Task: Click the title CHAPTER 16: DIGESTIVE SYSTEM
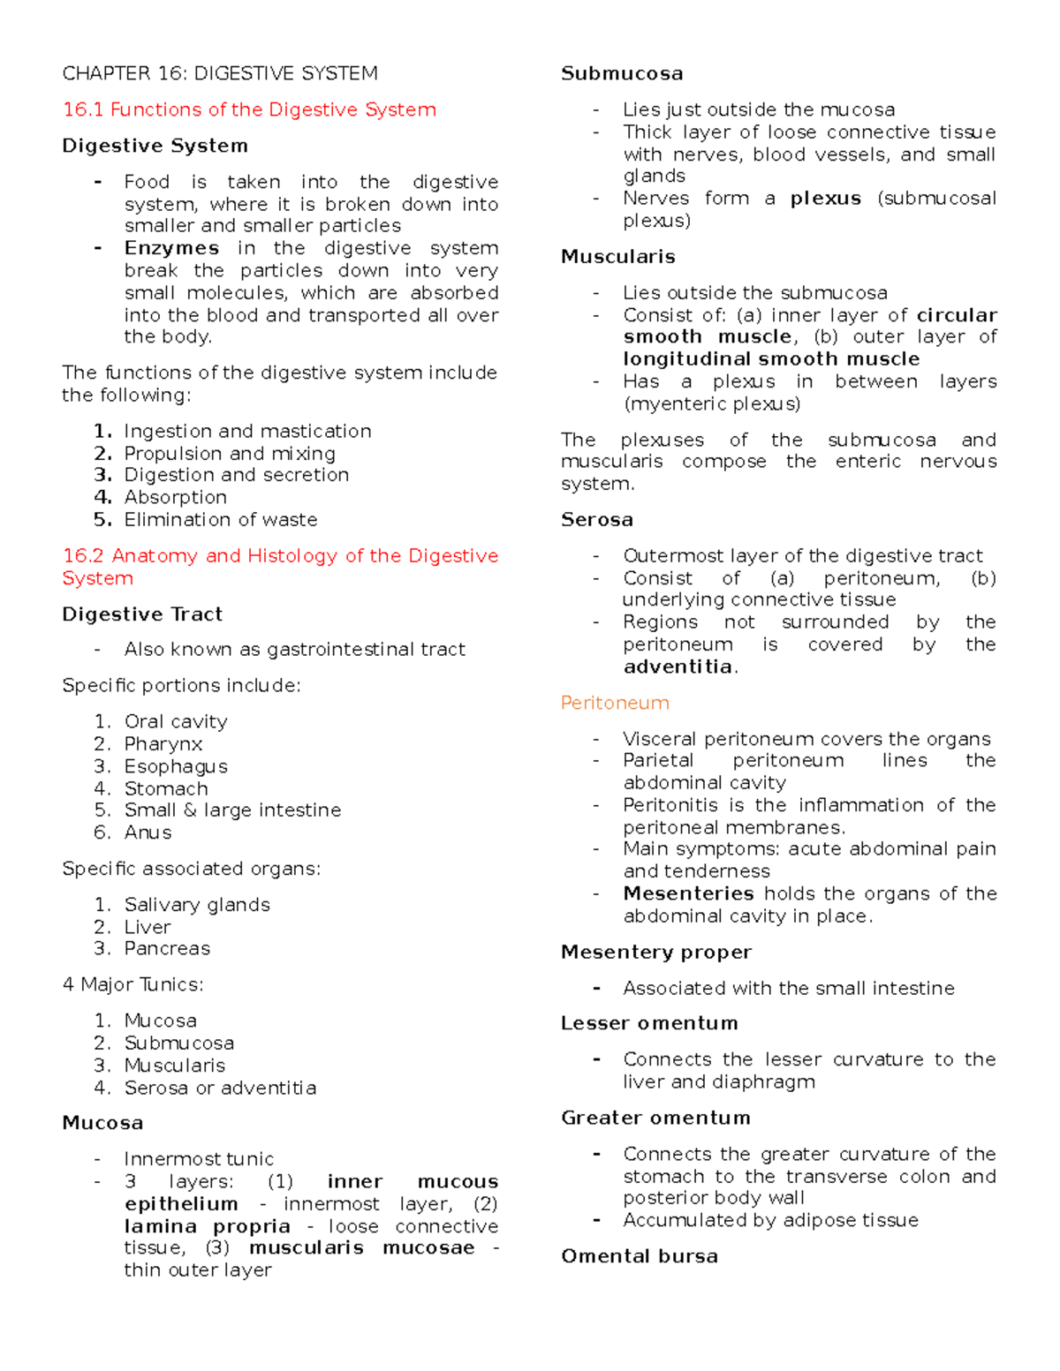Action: point(220,73)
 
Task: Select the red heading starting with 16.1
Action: point(249,109)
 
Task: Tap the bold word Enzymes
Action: point(171,248)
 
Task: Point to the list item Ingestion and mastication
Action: point(247,431)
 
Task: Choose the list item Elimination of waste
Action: point(221,519)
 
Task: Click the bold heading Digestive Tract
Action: point(142,614)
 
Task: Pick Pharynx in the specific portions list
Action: point(163,744)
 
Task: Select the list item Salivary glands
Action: point(197,904)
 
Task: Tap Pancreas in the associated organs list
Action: point(167,948)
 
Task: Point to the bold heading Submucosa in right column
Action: point(622,73)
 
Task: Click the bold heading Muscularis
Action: point(618,257)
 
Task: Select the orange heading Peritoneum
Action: point(615,703)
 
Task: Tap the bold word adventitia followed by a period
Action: point(678,667)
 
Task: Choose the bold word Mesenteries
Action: point(688,893)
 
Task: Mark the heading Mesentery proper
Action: point(656,952)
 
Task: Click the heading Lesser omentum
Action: point(649,1023)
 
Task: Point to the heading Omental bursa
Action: point(640,1256)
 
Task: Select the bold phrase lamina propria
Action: point(208,1226)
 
